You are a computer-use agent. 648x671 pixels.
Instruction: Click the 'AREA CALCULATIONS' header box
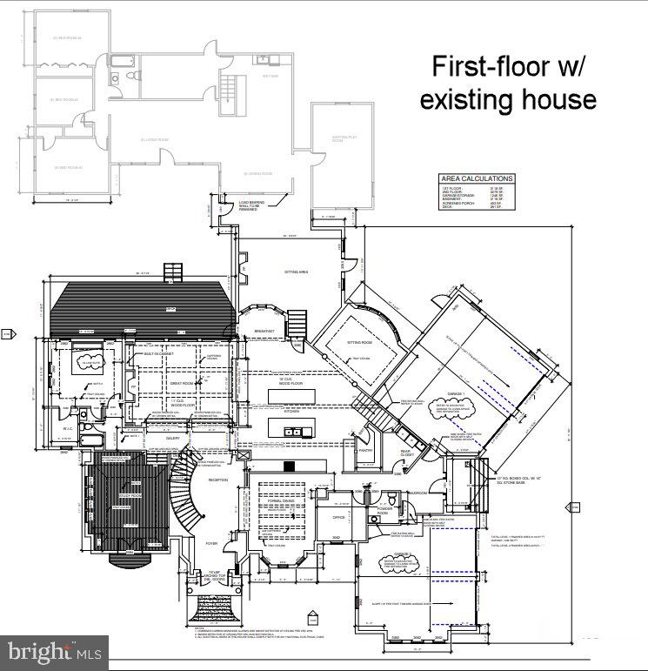476,178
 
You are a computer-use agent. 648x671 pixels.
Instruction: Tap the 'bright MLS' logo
53,651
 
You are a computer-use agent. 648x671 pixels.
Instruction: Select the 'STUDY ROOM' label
130,496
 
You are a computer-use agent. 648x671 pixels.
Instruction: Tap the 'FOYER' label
211,542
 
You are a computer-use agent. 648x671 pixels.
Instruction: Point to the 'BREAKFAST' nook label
264,332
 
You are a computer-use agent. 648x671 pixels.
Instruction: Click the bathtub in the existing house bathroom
124,61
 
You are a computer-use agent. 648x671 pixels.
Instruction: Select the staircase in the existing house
230,91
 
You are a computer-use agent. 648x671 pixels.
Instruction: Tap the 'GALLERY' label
173,438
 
